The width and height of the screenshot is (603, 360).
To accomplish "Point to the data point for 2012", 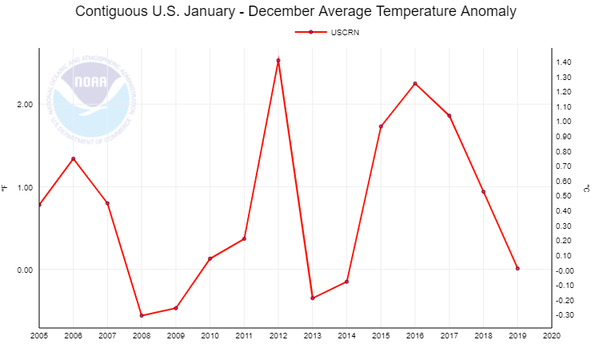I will coord(278,61).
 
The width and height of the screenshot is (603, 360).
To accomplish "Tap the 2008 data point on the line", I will coord(142,315).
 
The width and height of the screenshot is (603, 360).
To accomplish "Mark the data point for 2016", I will coord(415,83).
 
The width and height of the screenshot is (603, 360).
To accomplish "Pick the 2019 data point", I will coord(517,268).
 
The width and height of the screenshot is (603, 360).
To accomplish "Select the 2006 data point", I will coord(74,158).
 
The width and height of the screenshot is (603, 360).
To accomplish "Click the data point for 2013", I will coord(313,298).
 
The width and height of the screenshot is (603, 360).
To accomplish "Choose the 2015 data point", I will coord(381,126).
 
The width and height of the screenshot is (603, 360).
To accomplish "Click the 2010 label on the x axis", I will coord(210,336).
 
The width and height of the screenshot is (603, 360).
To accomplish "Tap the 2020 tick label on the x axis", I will coord(551,336).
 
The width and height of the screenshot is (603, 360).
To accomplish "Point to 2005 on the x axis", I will coord(39,336).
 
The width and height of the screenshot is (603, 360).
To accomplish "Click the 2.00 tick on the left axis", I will coord(25,105).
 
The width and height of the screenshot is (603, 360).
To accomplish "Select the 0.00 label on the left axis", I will coord(25,270).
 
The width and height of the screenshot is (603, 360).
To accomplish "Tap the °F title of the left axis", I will coord(6,188).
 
